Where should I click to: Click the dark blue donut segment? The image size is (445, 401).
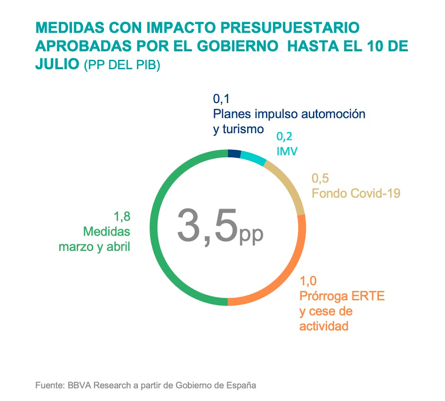[234, 153]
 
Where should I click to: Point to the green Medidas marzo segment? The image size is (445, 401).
[166, 240]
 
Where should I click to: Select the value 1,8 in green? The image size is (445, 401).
[122, 216]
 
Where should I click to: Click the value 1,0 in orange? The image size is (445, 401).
[308, 280]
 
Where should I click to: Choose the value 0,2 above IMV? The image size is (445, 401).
[284, 137]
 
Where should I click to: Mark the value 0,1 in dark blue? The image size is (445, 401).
[221, 98]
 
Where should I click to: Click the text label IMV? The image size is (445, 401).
[287, 152]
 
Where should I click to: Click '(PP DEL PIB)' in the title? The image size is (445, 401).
[122, 65]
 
